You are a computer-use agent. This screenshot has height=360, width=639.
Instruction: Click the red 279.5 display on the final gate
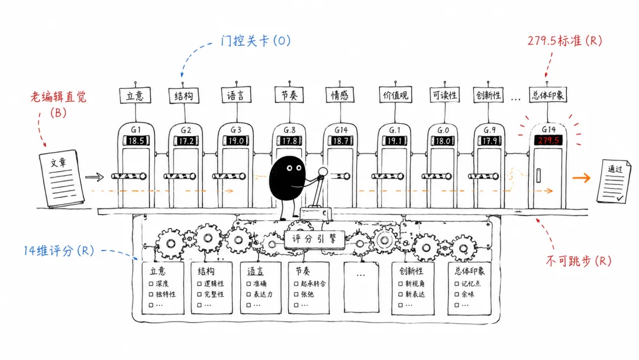pyautogui.click(x=548, y=140)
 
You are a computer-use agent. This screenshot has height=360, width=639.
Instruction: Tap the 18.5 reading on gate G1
pyautogui.click(x=136, y=141)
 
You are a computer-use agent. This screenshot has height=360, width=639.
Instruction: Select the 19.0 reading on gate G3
pyautogui.click(x=236, y=141)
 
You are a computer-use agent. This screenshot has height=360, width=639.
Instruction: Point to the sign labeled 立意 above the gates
pyautogui.click(x=135, y=96)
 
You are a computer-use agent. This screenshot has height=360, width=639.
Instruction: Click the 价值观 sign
pyautogui.click(x=395, y=95)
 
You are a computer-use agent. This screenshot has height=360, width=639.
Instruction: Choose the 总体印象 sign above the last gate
pyautogui.click(x=548, y=95)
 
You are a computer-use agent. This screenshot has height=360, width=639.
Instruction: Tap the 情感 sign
pyautogui.click(x=340, y=95)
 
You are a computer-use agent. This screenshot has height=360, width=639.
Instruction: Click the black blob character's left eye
pyautogui.click(x=289, y=168)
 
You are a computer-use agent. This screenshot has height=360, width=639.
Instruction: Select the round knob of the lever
pyautogui.click(x=323, y=171)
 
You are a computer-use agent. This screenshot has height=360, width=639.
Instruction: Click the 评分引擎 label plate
pyautogui.click(x=314, y=239)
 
